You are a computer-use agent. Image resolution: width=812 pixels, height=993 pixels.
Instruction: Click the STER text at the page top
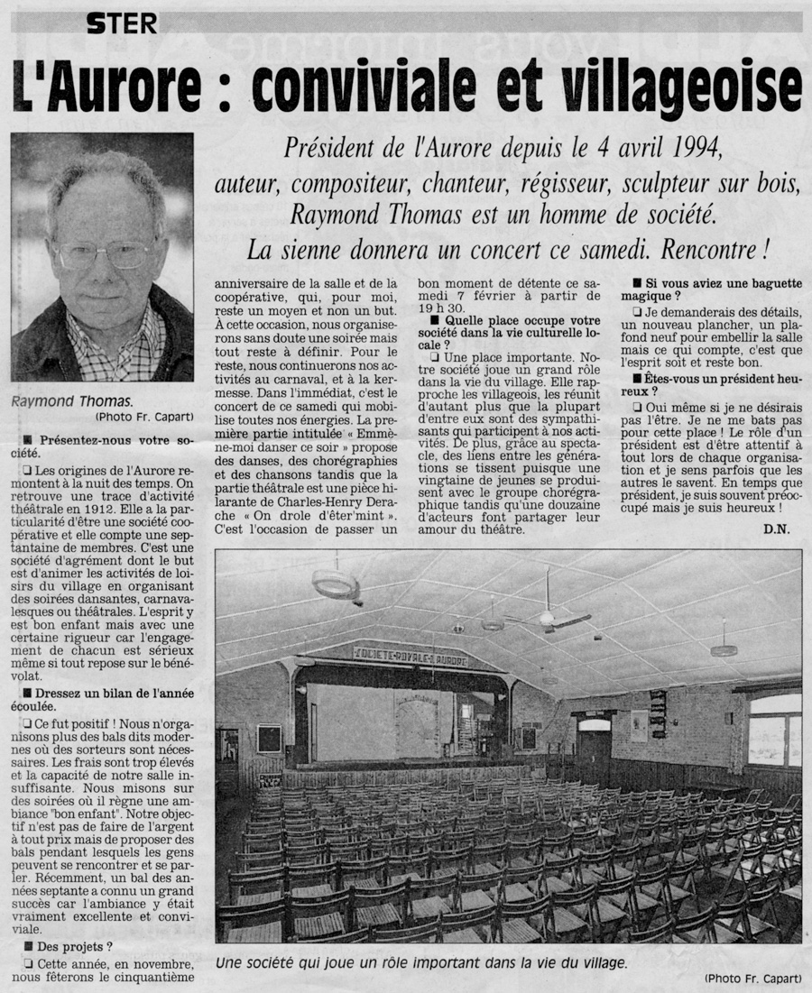122,23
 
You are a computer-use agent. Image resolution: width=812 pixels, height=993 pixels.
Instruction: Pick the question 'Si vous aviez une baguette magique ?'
717,290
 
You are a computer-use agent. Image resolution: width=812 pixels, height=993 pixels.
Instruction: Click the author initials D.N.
775,529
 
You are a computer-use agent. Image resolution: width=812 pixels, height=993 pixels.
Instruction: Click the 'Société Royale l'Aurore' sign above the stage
411,656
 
